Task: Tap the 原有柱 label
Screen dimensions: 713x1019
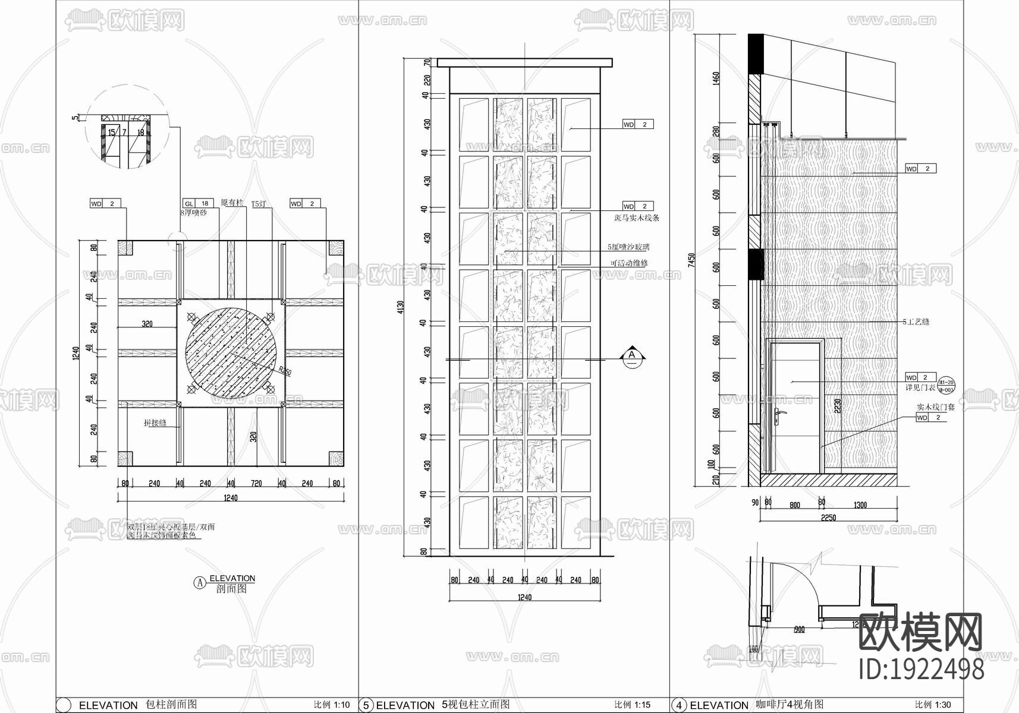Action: coord(232,203)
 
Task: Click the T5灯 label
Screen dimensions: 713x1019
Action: coord(259,204)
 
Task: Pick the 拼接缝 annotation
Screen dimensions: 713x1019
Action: coord(155,424)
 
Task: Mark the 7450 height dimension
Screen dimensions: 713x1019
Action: coord(691,260)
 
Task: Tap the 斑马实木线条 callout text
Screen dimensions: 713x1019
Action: coord(636,218)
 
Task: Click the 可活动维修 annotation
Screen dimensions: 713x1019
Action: coord(629,263)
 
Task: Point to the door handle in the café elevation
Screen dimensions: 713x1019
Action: coord(780,414)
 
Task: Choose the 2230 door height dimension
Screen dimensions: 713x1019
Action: coord(837,405)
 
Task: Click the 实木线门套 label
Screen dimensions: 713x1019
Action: coord(935,408)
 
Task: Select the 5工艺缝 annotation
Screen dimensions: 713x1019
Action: coord(916,322)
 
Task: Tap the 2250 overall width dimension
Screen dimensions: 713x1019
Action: coord(828,518)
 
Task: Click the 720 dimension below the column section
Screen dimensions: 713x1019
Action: coord(256,484)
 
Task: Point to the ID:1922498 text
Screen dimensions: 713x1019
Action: coord(922,669)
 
